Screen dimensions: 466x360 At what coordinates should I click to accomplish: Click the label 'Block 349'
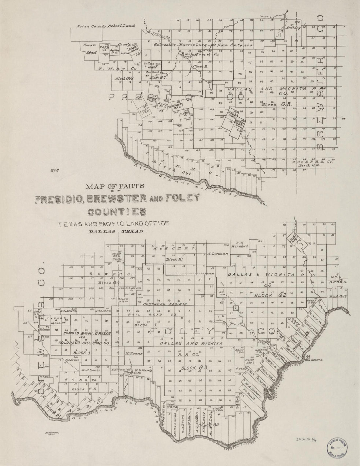(x=123, y=78)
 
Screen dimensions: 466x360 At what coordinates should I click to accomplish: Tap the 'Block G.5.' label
(x=276, y=105)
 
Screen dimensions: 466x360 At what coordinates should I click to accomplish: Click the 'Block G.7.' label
(x=158, y=78)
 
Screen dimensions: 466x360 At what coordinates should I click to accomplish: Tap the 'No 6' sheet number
(x=54, y=170)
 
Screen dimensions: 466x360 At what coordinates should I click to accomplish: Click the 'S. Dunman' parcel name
(x=215, y=253)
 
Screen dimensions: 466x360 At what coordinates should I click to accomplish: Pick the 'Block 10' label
(x=174, y=259)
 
